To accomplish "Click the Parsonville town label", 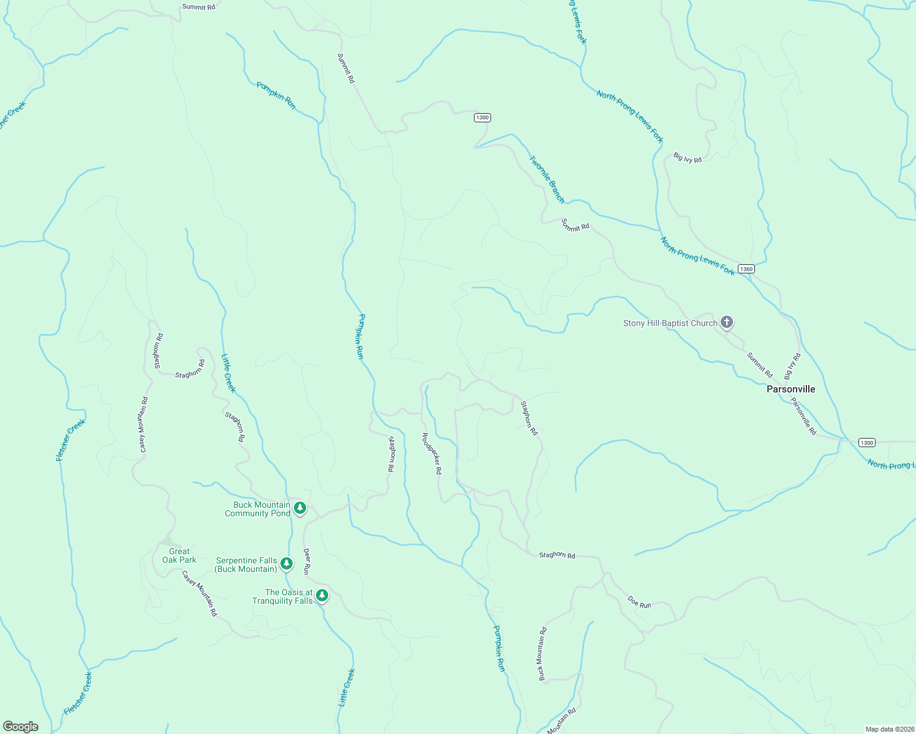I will (790, 389).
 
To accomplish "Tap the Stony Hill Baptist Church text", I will (670, 323).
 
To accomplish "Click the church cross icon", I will (727, 322).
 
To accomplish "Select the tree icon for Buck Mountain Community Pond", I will (299, 508).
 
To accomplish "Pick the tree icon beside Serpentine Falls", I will (286, 563).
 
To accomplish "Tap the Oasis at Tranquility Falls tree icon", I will (322, 595).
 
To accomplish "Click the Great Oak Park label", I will (179, 555).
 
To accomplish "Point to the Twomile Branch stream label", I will (547, 179).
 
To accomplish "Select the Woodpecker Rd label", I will (431, 453).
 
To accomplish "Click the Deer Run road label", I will (307, 560).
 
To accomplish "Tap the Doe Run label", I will (639, 602).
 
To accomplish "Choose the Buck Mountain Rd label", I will (542, 654).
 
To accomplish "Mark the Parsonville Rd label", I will (803, 417).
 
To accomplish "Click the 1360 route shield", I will (746, 269).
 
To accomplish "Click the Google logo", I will (21, 727).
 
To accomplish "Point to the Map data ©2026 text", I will (889, 729).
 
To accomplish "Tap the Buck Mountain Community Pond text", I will (258, 509).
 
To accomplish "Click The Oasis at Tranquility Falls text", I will (282, 596).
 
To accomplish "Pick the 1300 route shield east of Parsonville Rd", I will (866, 442).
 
